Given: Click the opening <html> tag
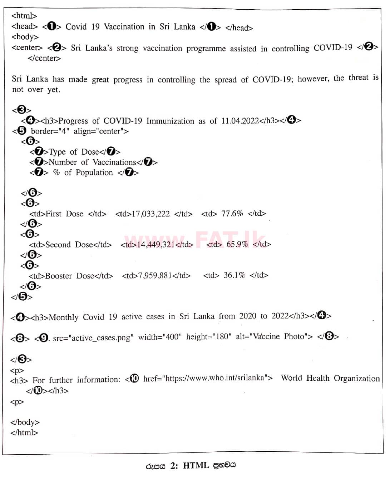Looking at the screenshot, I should (x=24, y=16).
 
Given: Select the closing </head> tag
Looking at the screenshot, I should (x=239, y=27).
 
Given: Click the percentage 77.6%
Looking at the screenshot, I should (x=232, y=214).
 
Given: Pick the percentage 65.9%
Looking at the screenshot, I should (x=237, y=244).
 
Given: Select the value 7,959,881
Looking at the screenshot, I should (x=155, y=275).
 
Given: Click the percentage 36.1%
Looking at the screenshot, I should (x=234, y=275).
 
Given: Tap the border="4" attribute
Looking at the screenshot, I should (x=50, y=131).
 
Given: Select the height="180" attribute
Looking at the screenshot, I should (x=208, y=336).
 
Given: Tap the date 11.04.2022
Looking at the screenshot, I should (x=240, y=121).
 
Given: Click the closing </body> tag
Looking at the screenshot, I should (x=25, y=422).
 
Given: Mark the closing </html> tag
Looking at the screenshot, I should (x=24, y=432).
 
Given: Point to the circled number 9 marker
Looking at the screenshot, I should (x=43, y=337).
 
